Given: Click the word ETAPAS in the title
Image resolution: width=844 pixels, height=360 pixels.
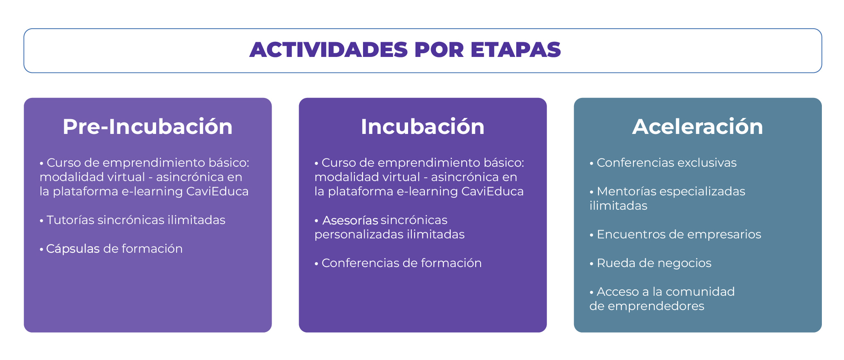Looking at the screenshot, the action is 515,50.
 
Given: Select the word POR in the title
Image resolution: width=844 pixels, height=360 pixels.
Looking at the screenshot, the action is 439,50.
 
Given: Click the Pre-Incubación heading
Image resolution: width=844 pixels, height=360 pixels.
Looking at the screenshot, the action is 147,127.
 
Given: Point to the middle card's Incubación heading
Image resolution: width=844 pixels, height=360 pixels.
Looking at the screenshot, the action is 422,127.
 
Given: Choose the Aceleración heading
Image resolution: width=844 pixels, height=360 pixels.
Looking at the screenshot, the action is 697,127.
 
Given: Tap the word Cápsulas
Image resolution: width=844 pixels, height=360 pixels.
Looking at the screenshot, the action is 73,249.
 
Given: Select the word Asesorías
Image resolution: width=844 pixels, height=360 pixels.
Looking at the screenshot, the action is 350,220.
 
